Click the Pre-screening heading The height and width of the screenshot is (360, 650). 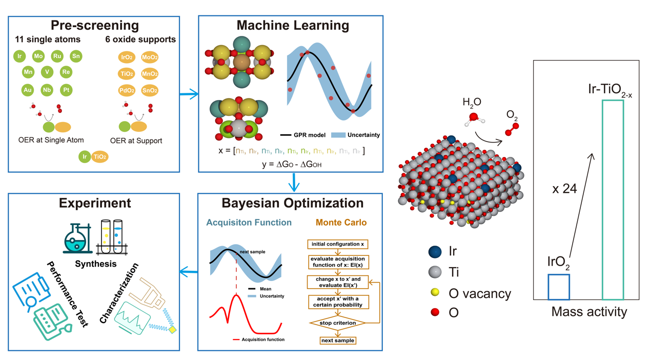click(95, 25)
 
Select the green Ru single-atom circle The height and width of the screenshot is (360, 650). click(58, 56)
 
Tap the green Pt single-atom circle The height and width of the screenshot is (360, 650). click(66, 90)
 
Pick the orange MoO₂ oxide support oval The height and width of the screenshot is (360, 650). click(150, 57)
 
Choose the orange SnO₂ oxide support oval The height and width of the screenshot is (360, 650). click(150, 91)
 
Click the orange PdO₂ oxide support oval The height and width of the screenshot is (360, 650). click(127, 91)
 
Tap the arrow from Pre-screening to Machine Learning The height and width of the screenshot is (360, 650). click(189, 94)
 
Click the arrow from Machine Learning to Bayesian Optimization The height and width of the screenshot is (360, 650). click(294, 183)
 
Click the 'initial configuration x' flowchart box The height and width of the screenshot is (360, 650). click(337, 244)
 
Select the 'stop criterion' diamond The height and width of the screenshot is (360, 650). click(337, 323)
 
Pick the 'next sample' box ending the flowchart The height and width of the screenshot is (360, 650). click(337, 340)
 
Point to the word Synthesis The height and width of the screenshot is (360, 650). click(96, 264)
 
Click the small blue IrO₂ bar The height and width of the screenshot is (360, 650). click(558, 287)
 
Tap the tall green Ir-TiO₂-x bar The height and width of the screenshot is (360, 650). click(613, 199)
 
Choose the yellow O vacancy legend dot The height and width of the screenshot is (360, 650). click(435, 293)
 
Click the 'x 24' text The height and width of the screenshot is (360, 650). click(565, 189)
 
